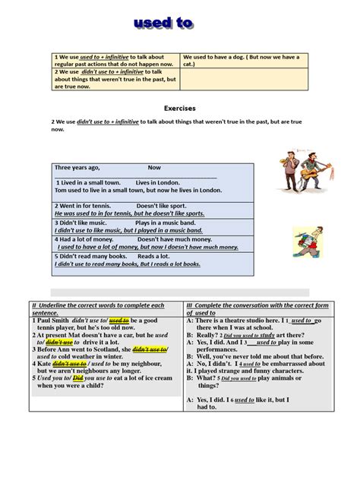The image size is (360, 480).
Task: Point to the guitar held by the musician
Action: click(305, 173)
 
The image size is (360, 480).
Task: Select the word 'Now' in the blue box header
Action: click(154, 168)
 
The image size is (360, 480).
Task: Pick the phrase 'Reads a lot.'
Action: click(154, 257)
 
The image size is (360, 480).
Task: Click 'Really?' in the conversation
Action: click(209, 335)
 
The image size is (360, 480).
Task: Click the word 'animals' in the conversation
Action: click(289, 378)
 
